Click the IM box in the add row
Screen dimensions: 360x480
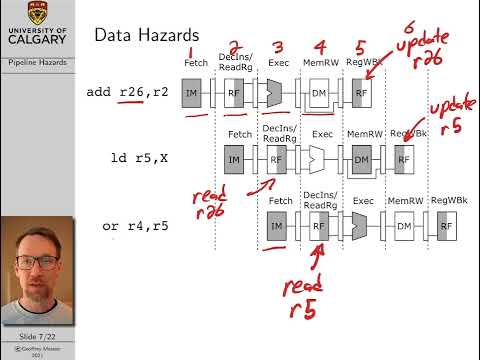pos(192,94)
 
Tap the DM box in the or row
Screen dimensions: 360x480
pos(403,228)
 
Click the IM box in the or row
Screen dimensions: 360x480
pos(277,228)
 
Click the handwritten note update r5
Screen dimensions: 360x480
pos(447,117)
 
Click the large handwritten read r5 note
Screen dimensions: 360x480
pos(302,299)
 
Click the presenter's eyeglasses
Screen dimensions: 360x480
pos(36,261)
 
